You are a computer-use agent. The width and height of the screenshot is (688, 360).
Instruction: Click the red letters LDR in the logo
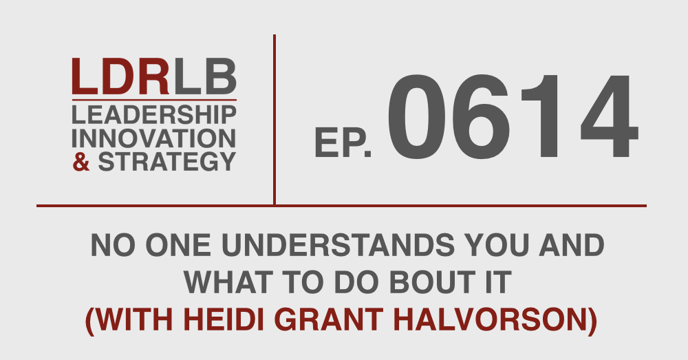pyautogui.click(x=120, y=77)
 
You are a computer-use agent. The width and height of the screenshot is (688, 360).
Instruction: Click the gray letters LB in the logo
pyautogui.click(x=205, y=77)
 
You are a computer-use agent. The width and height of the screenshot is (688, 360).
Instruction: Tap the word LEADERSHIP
pyautogui.click(x=154, y=115)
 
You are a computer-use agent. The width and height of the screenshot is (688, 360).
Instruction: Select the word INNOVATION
pyautogui.click(x=154, y=139)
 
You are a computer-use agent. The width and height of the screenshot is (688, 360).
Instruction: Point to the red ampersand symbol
pyautogui.click(x=81, y=162)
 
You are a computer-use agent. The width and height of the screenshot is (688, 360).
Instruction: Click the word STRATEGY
pyautogui.click(x=167, y=162)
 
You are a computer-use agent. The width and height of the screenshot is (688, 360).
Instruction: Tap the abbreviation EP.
pyautogui.click(x=343, y=142)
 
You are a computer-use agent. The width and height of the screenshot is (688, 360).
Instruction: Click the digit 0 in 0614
pyautogui.click(x=415, y=116)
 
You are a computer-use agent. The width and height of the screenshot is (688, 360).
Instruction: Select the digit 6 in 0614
pyautogui.click(x=480, y=116)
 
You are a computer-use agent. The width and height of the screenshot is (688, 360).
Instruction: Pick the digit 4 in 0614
pyautogui.click(x=609, y=116)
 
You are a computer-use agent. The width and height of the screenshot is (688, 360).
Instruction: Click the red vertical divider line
pyautogui.click(x=275, y=119)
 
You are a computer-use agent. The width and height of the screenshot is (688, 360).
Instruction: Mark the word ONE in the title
pyautogui.click(x=178, y=246)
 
